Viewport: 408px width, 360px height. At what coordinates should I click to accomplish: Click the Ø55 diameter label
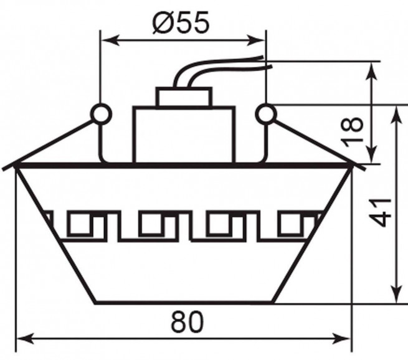[181, 22]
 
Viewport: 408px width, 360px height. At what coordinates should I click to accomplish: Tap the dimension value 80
[187, 322]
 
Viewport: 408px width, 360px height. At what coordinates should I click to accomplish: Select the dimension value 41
[381, 212]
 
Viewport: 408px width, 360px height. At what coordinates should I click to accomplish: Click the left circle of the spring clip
[101, 114]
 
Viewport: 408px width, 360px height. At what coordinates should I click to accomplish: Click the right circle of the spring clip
[266, 114]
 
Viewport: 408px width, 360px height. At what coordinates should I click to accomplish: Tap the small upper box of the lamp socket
[184, 97]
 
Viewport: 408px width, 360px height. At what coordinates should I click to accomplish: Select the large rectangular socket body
[184, 135]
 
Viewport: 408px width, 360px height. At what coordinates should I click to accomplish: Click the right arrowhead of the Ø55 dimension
[256, 40]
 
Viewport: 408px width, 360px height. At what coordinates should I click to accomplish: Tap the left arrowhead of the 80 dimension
[25, 338]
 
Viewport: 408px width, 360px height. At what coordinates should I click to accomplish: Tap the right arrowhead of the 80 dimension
[341, 338]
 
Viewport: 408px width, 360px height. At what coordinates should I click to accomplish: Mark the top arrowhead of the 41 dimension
[397, 115]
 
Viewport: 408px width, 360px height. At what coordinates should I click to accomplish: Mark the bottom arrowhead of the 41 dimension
[397, 294]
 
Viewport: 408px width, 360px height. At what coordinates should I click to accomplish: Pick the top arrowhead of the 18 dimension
[372, 71]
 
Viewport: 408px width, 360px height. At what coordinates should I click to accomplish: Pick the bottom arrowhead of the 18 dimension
[372, 155]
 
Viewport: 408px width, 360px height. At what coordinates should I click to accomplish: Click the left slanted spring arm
[48, 145]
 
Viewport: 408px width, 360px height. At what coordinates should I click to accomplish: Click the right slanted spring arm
[320, 145]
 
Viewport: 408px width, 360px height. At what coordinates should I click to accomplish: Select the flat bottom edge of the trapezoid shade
[183, 303]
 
